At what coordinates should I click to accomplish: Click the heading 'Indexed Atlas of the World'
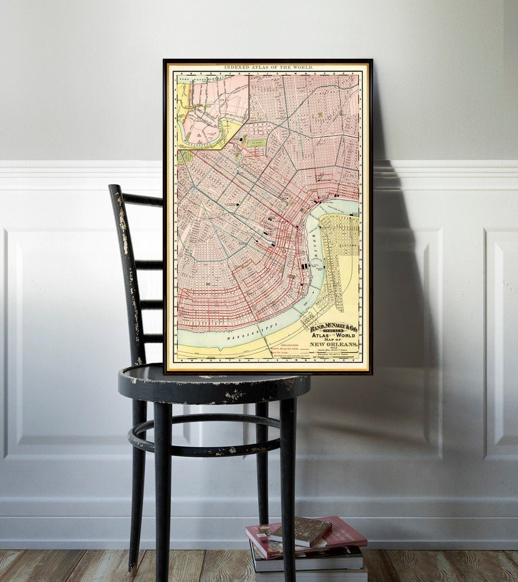pyautogui.click(x=268, y=68)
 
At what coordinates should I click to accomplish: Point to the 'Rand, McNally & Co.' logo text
pyautogui.click(x=333, y=327)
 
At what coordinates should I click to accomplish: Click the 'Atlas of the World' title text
pyautogui.click(x=333, y=335)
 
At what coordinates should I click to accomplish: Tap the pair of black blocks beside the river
pyautogui.click(x=304, y=266)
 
